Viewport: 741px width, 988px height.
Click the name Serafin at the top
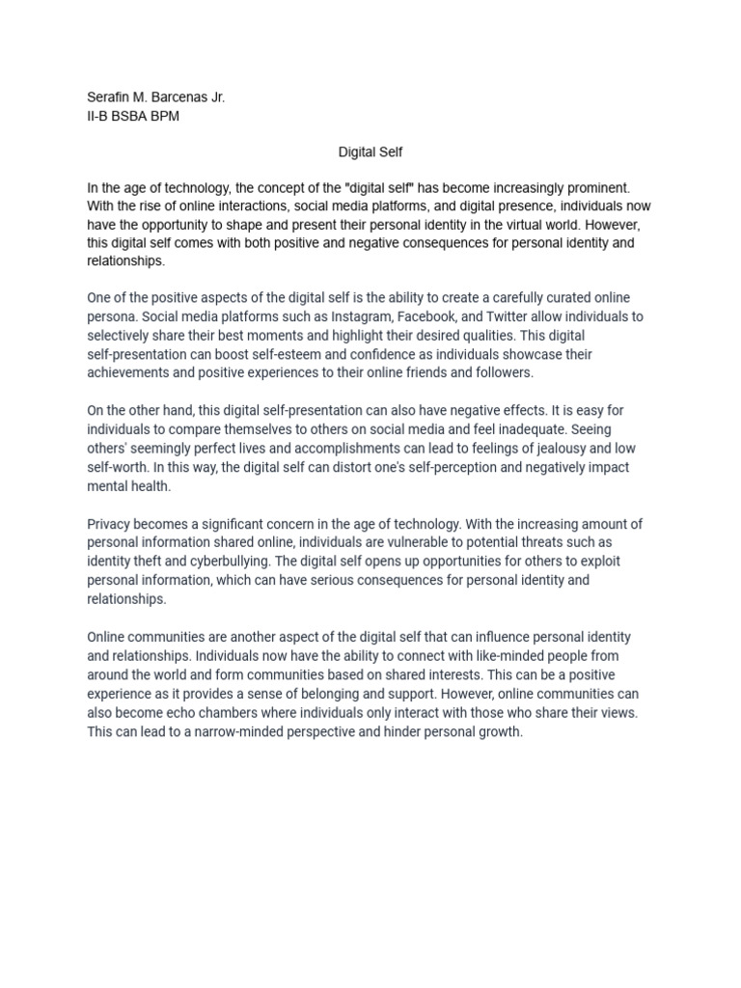(109, 97)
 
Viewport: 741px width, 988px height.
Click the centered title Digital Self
(370, 152)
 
